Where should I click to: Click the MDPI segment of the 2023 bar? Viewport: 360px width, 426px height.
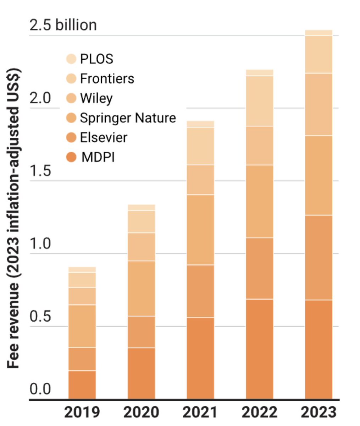coord(319,349)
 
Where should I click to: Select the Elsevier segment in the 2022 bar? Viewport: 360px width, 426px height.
coord(259,268)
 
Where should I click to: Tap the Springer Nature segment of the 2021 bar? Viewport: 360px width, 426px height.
coord(200,230)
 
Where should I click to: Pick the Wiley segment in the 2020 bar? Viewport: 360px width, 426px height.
coord(141,247)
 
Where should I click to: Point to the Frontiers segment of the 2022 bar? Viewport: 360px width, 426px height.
coord(259,101)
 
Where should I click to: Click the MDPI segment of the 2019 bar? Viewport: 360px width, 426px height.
coord(82,384)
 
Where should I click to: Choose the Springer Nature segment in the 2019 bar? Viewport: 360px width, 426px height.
coord(82,326)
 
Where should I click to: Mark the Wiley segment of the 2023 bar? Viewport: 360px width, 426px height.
coord(319,104)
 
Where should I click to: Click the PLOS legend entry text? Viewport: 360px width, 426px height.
coord(96,59)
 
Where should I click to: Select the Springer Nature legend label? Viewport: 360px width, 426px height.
coord(128,118)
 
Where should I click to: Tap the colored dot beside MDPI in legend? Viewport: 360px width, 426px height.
coord(72,157)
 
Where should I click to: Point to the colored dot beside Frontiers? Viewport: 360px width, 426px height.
coord(72,78)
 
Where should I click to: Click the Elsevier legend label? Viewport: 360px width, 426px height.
coord(104,137)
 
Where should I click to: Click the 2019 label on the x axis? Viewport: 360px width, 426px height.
coord(82,412)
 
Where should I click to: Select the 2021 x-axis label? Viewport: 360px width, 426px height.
coord(200,412)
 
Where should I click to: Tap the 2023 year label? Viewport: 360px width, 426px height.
coord(319,412)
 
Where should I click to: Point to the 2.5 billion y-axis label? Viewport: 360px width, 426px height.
coord(63,25)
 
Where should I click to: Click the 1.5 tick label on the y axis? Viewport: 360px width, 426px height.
coord(40,171)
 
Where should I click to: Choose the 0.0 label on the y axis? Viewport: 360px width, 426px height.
coord(40,389)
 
